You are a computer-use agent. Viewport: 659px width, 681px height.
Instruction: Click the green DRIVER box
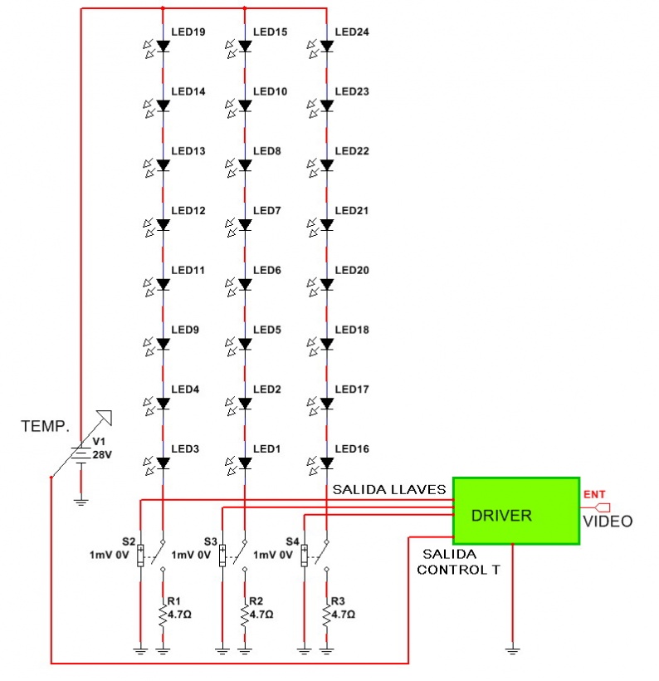(x=515, y=511)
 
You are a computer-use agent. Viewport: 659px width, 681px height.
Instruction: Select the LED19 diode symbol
(x=163, y=47)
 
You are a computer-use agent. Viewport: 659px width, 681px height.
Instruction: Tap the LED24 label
(x=352, y=32)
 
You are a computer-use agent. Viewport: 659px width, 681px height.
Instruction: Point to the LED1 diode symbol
(x=245, y=463)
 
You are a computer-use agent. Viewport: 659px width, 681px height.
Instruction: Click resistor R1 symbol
(x=163, y=614)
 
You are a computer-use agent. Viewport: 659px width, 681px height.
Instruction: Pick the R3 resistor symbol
(x=326, y=614)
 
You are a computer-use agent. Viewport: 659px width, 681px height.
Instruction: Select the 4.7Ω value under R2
(x=262, y=615)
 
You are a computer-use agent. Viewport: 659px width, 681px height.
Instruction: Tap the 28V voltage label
(x=102, y=456)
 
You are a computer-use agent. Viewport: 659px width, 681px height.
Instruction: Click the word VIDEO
(x=607, y=522)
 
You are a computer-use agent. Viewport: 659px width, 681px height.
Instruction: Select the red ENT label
(x=594, y=495)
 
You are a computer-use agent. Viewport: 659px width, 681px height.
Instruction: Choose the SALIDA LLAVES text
(x=389, y=489)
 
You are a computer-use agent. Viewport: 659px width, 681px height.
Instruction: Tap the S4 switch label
(x=292, y=541)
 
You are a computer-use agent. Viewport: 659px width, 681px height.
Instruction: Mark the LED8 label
(x=266, y=152)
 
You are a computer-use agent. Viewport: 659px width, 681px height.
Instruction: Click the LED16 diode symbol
(x=326, y=463)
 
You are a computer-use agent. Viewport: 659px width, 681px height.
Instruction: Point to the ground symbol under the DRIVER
(x=515, y=649)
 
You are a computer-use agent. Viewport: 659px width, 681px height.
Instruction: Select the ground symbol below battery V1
(x=81, y=500)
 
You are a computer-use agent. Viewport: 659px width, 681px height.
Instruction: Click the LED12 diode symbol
(x=163, y=225)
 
